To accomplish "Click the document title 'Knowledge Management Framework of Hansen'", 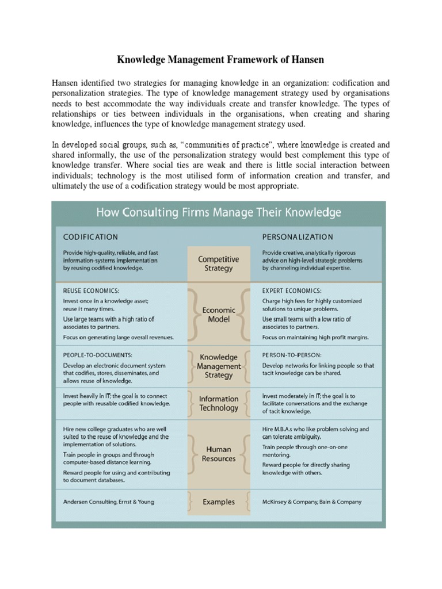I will (x=220, y=59).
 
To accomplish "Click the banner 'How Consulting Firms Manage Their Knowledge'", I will (x=218, y=213).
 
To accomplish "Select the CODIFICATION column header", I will (x=90, y=236).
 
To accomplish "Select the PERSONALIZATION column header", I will (x=297, y=236).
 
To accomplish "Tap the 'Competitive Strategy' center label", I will (x=218, y=263).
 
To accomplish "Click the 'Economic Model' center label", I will (x=218, y=314).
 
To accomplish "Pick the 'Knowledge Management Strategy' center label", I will (x=218, y=366).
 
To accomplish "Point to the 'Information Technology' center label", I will (x=218, y=403).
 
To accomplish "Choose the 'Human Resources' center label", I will (x=218, y=454).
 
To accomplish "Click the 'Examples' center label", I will (x=218, y=502).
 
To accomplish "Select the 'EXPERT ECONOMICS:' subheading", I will (x=292, y=291).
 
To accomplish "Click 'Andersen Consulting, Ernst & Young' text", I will (x=108, y=502).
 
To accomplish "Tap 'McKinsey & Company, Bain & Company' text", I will (x=312, y=502).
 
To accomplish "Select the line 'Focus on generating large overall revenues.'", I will (x=118, y=337).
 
